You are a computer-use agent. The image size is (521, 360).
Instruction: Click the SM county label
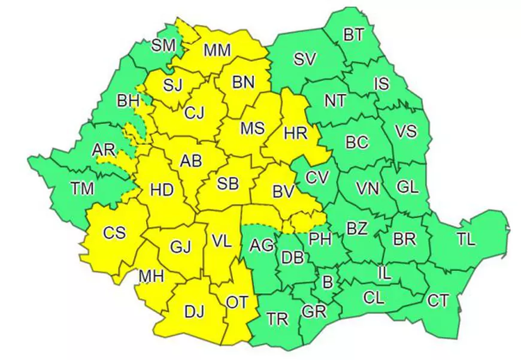pyautogui.click(x=163, y=44)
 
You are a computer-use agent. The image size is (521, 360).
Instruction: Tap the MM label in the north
pyautogui.click(x=217, y=50)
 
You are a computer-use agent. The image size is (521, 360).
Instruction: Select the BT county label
pyautogui.click(x=353, y=35)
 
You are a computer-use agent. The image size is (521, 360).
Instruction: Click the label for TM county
pyautogui.click(x=83, y=190)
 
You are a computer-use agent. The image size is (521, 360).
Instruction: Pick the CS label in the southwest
pyautogui.click(x=114, y=232)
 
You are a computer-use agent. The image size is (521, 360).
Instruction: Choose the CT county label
pyautogui.click(x=437, y=301)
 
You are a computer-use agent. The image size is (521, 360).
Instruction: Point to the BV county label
pyautogui.click(x=285, y=192)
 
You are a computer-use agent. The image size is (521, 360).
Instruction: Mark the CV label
pyautogui.click(x=318, y=178)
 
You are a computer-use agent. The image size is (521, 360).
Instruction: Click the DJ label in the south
pyautogui.click(x=193, y=311)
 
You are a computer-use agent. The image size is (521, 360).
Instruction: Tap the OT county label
pyautogui.click(x=237, y=303)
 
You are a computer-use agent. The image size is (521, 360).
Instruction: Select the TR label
pyautogui.click(x=278, y=319)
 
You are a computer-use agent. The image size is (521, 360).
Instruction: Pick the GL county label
pyautogui.click(x=407, y=187)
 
